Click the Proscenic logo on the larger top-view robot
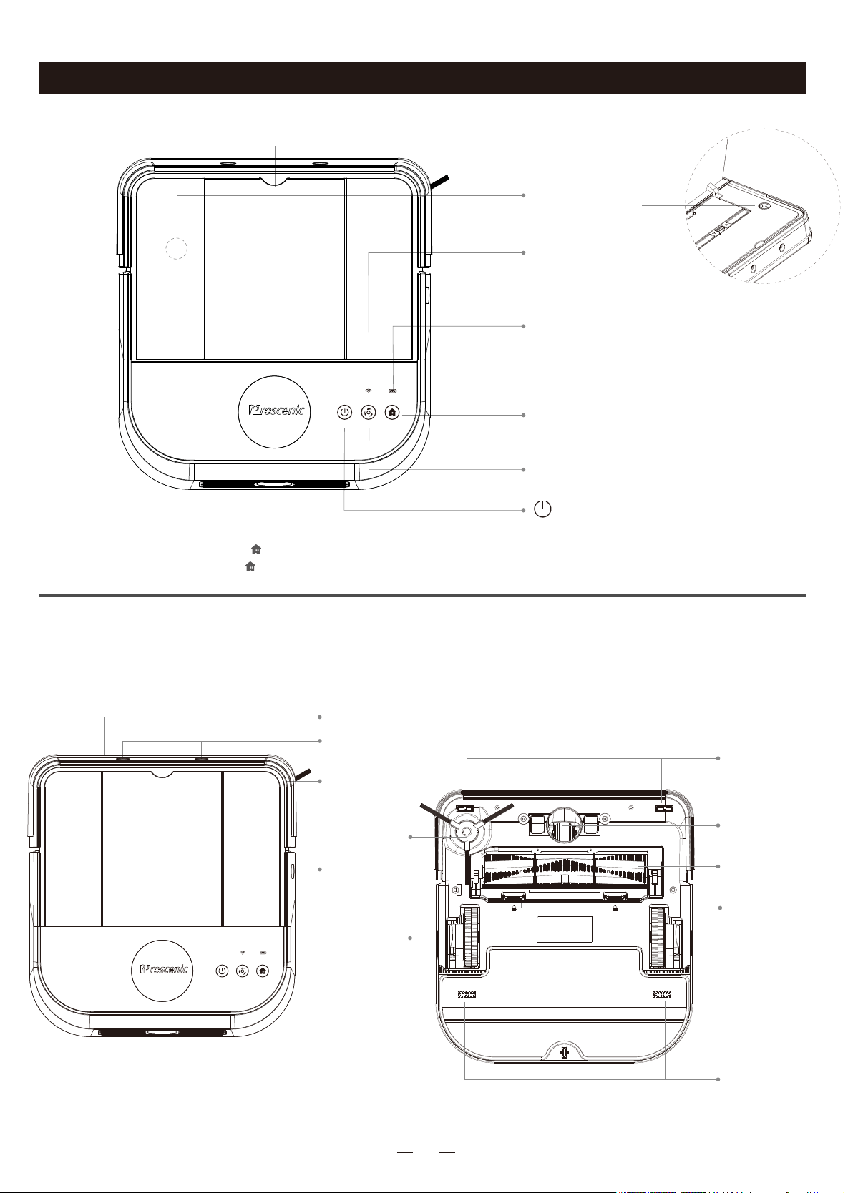tap(276, 410)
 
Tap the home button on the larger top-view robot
tap(392, 412)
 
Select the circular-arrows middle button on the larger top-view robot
tap(369, 412)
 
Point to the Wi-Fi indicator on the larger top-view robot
tap(368, 391)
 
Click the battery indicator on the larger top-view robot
tap(393, 391)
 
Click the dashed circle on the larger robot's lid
tap(176, 248)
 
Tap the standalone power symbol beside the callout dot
tap(542, 509)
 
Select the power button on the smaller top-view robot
tap(222, 986)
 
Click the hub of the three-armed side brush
tap(466, 831)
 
